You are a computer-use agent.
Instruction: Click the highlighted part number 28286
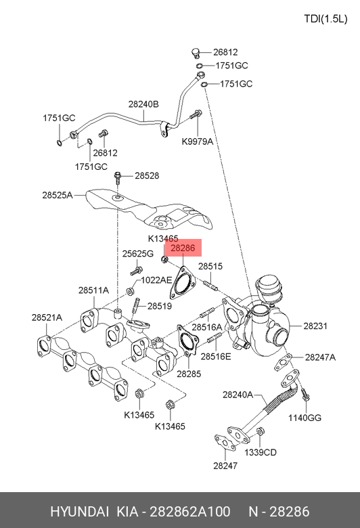(183, 248)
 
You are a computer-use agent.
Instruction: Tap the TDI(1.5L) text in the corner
(325, 19)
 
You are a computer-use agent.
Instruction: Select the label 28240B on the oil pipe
(143, 104)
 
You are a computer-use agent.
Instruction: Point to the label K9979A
(198, 141)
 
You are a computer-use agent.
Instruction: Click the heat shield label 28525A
(58, 195)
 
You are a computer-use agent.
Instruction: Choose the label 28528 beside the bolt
(147, 176)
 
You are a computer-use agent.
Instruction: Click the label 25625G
(138, 254)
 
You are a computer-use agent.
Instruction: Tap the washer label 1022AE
(156, 280)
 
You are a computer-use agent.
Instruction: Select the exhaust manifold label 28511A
(93, 290)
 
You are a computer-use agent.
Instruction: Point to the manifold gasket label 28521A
(47, 317)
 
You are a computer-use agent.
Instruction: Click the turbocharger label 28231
(315, 326)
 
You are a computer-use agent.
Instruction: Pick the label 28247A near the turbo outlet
(320, 357)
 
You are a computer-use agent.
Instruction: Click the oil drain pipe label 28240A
(238, 395)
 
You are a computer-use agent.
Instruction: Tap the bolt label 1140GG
(305, 418)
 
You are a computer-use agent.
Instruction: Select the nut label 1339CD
(261, 452)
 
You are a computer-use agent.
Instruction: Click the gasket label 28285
(189, 374)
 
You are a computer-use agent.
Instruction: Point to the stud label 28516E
(216, 356)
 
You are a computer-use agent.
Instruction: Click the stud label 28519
(160, 306)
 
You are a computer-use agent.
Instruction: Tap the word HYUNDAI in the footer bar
(79, 512)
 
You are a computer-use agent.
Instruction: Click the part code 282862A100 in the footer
(190, 512)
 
